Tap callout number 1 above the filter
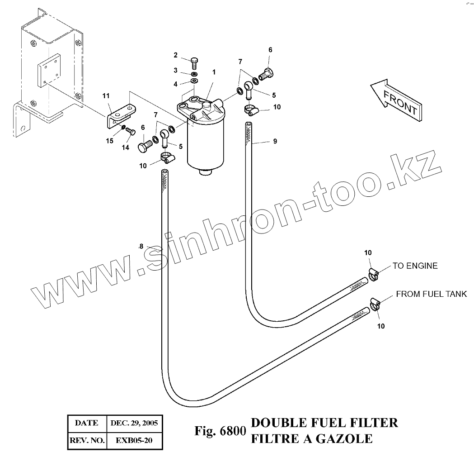[214, 72]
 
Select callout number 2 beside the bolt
[176, 55]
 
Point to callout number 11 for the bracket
[106, 95]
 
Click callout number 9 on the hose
[275, 142]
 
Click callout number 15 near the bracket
[110, 141]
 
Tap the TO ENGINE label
[415, 266]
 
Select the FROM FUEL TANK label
[431, 295]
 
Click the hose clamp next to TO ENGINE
[373, 274]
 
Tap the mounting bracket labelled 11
[121, 115]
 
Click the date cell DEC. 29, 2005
[134, 424]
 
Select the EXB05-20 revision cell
[134, 440]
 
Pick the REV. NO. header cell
[87, 440]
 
